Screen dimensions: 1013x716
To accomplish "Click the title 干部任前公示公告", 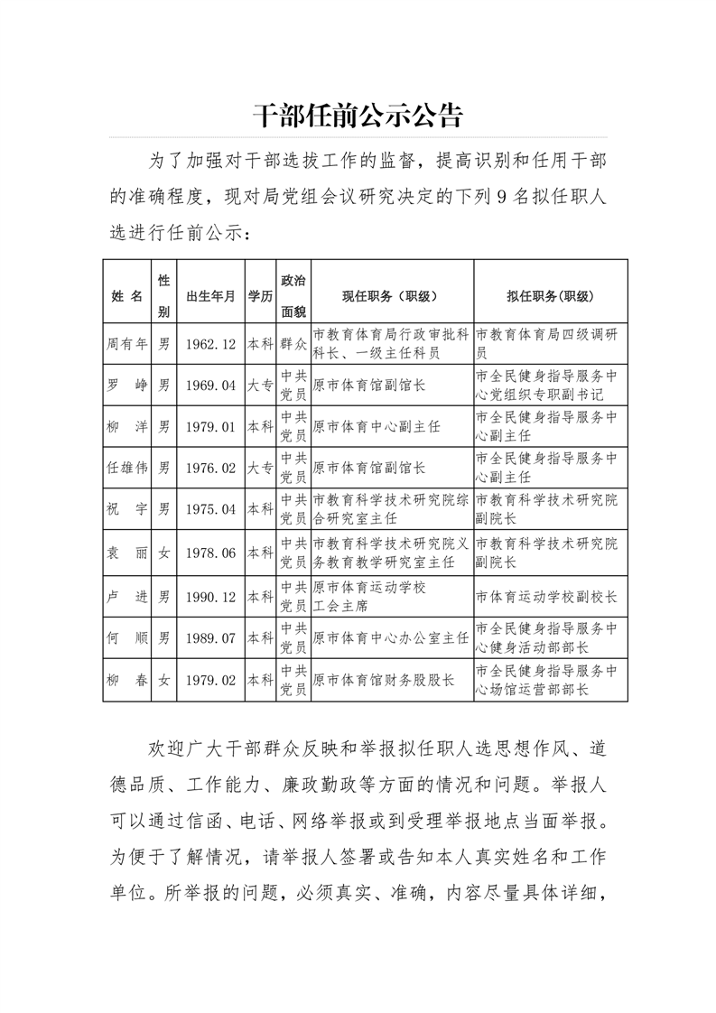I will click(x=358, y=116).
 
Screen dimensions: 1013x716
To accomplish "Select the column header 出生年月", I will click(x=210, y=296).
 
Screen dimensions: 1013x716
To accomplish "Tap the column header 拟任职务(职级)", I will click(x=550, y=296).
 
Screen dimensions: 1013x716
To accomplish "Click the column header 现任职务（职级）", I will click(x=390, y=296).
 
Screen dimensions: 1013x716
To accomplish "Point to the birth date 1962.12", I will click(x=210, y=344).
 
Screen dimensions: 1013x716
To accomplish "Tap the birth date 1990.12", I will click(x=210, y=597).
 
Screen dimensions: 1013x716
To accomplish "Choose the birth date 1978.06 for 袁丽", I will click(x=210, y=553).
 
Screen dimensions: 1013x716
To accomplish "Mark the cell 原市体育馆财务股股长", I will click(x=383, y=680).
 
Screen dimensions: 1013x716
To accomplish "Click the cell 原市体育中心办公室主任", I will click(x=390, y=637).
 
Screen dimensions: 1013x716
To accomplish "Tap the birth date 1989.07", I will click(x=210, y=637).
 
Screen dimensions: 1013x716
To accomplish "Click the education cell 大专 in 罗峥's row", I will click(x=260, y=386).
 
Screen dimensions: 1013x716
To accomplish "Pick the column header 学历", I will click(x=260, y=296).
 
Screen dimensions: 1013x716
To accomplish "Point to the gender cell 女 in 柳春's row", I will click(x=163, y=680).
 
